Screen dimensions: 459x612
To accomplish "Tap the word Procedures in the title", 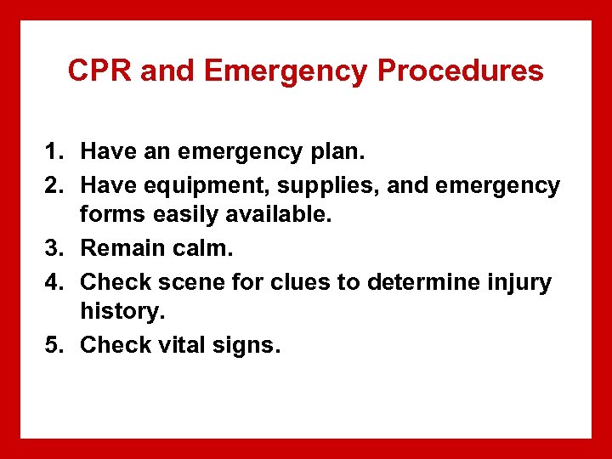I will coord(460,71).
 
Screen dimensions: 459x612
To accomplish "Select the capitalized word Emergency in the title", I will coord(286,71).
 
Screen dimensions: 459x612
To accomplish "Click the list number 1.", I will coord(54,152).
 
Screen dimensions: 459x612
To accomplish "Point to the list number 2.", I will coord(54,184).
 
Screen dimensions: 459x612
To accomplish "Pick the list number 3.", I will coord(54,249).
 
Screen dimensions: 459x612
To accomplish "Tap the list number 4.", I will coord(54,281).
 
